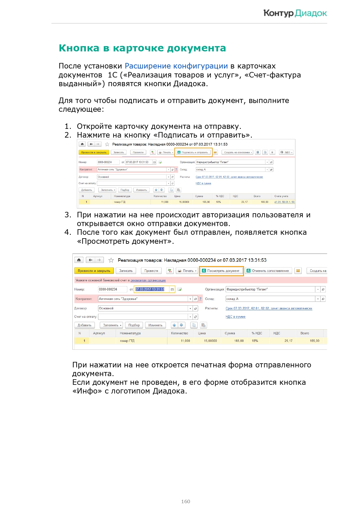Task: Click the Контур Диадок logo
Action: pos(295,13)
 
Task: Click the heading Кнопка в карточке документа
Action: pos(142,48)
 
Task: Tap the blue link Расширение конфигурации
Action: pos(176,66)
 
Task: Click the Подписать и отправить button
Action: pos(193,152)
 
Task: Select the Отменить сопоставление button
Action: pos(268,271)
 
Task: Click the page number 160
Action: pos(185,501)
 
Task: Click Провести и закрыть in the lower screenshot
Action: pos(94,271)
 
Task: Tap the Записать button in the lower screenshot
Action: pos(126,271)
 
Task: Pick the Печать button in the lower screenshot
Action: pos(187,271)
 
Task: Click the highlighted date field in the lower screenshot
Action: pos(150,289)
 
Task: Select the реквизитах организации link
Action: pos(148,280)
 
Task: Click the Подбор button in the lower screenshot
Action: pos(134,325)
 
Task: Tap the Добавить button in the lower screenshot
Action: pos(84,325)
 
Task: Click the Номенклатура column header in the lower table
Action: pos(130,333)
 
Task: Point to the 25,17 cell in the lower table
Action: pos(288,341)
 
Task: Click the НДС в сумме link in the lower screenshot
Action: pos(235,317)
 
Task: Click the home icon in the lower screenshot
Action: pos(79,260)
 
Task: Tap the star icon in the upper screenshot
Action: pos(107,144)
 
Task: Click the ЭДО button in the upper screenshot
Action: pos(286,152)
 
